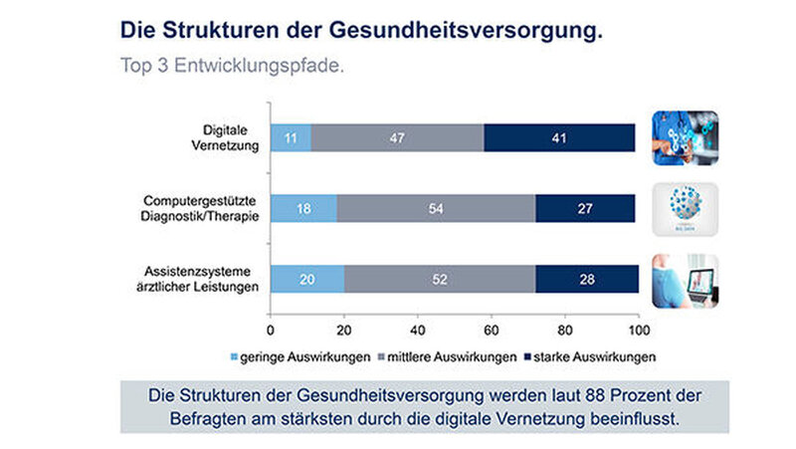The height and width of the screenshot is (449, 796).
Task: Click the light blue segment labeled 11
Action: tap(291, 137)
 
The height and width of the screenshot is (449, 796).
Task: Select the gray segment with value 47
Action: tap(397, 137)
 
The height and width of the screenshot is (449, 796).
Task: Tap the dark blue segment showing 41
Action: tap(559, 137)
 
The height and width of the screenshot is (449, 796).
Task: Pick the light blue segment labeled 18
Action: tap(303, 208)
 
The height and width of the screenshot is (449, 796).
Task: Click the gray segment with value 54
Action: tap(436, 208)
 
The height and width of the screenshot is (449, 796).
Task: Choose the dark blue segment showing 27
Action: tap(585, 208)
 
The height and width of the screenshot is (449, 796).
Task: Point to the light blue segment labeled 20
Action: tap(307, 280)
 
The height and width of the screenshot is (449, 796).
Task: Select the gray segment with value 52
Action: tap(440, 280)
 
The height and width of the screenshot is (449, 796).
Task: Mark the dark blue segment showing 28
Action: tap(586, 280)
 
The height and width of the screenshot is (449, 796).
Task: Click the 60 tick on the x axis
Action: tap(492, 330)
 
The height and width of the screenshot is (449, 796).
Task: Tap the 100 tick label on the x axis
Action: tap(638, 330)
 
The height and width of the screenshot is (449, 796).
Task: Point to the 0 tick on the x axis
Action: tap(271, 330)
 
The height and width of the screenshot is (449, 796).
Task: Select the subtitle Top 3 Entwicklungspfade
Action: tap(232, 68)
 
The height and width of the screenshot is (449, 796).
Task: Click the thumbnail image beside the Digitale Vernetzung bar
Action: tap(685, 137)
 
